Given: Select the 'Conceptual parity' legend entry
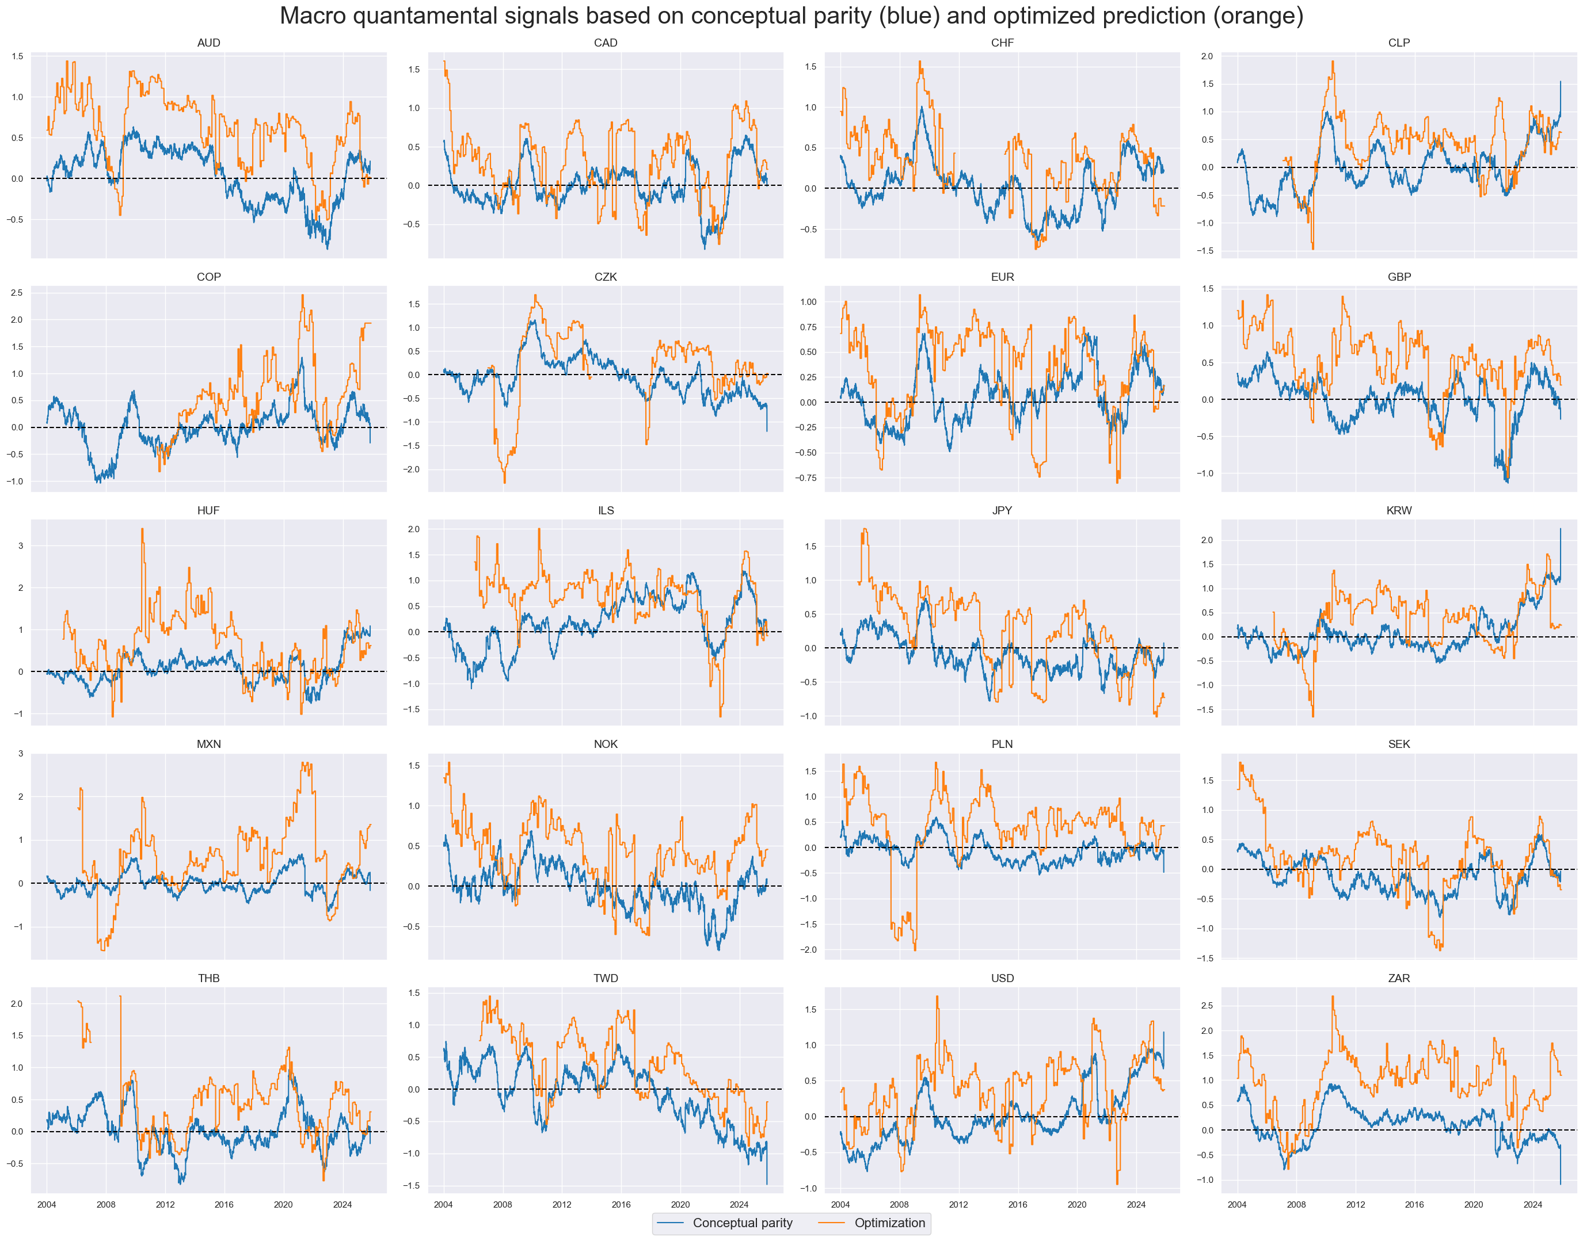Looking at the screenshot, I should click(x=741, y=1223).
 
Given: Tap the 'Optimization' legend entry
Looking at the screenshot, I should click(x=889, y=1223).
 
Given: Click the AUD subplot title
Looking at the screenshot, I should click(x=208, y=43).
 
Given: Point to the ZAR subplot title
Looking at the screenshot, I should click(x=1398, y=978).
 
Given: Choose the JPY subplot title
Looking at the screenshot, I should click(x=1002, y=510).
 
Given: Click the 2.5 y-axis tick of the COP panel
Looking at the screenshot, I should click(x=17, y=293).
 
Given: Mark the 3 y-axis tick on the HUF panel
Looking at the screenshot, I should click(x=20, y=545).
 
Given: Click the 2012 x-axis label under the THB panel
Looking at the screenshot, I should click(x=165, y=1204).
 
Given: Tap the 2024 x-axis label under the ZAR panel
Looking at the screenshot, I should click(x=1532, y=1204).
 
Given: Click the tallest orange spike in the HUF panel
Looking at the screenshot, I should click(x=142, y=530).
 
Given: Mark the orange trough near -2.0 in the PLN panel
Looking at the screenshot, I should click(x=914, y=948).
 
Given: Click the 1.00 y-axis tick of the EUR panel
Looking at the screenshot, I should click(x=808, y=301).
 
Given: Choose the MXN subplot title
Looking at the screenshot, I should click(x=208, y=744).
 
